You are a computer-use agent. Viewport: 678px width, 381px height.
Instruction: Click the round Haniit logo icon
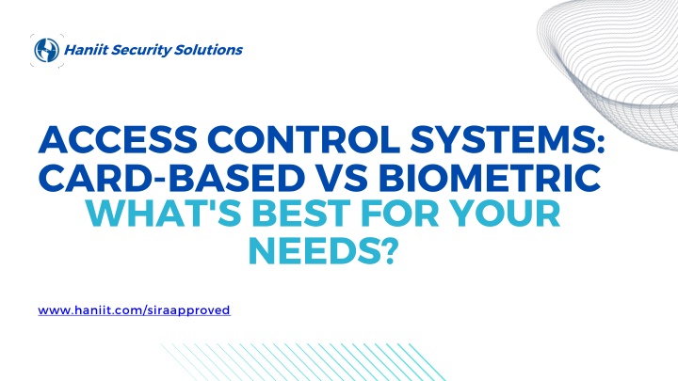[x=47, y=50]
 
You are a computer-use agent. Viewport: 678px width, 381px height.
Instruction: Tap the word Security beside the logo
[x=141, y=50]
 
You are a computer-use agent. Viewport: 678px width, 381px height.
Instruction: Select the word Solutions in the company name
[x=208, y=50]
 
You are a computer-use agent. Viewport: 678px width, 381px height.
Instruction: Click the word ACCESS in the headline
[x=118, y=140]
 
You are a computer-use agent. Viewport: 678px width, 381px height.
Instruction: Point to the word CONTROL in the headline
[x=304, y=140]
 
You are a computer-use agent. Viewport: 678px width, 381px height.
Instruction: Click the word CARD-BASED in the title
[x=171, y=177]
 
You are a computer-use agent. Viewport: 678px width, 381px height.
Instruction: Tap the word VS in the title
[x=342, y=177]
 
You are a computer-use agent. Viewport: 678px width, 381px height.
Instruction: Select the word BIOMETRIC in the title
[x=490, y=177]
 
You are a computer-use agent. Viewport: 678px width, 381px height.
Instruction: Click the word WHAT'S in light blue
[x=164, y=214]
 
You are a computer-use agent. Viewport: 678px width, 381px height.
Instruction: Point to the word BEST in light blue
[x=301, y=214]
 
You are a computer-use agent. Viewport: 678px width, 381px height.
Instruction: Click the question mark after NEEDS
[x=388, y=250]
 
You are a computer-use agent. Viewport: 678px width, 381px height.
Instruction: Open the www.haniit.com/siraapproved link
[x=134, y=310]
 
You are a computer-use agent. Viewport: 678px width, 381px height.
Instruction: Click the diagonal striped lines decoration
[x=302, y=362]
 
